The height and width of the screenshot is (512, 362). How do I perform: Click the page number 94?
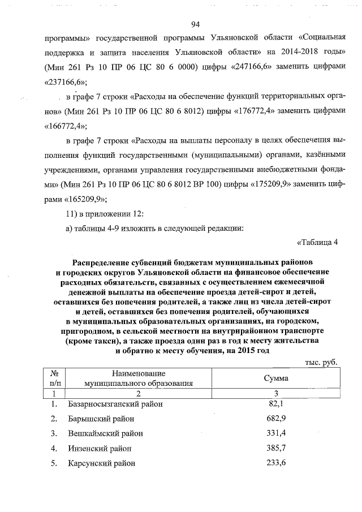click(x=196, y=24)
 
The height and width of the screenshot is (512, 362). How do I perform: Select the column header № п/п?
click(x=55, y=377)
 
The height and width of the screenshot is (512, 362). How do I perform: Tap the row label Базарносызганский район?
click(x=115, y=405)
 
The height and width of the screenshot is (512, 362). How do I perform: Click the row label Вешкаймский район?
click(x=105, y=434)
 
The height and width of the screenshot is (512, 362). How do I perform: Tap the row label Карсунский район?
click(x=101, y=463)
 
